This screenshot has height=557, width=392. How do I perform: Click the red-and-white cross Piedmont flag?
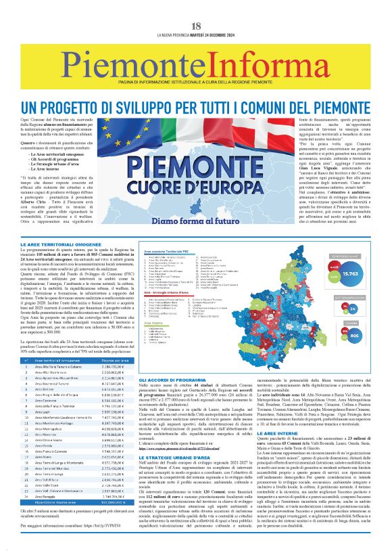point(257,125)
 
